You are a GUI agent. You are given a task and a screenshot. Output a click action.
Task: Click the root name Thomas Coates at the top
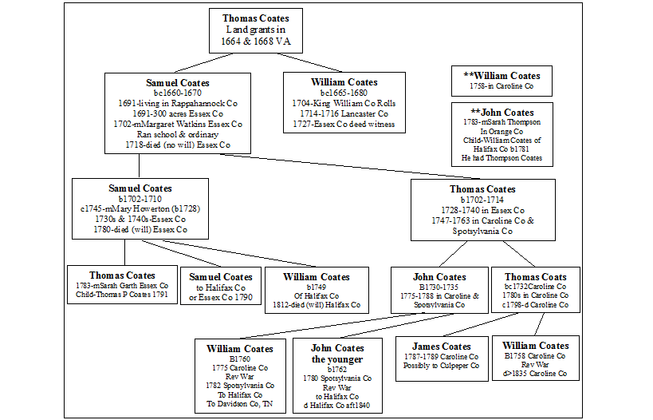point(256,18)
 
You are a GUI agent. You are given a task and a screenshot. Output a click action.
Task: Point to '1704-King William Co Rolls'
point(344,104)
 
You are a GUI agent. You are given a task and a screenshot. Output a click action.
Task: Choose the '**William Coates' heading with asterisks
point(501,76)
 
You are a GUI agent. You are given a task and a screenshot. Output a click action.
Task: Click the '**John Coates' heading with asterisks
point(502,113)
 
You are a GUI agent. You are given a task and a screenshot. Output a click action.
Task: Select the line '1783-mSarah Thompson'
point(502,124)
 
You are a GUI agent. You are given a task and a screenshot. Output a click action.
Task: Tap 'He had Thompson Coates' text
point(502,158)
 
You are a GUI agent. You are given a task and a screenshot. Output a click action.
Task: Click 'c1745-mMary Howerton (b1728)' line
point(140,208)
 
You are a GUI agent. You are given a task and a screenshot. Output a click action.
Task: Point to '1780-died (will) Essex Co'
point(140,229)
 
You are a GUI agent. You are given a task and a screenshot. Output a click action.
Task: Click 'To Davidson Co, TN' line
point(240,404)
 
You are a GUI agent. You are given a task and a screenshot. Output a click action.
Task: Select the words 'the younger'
point(337,359)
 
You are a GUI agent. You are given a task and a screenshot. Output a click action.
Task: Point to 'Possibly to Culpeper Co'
point(441,366)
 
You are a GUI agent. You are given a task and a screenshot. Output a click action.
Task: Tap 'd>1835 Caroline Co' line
point(535,374)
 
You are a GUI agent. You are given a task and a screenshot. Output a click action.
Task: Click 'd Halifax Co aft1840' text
point(337,406)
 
